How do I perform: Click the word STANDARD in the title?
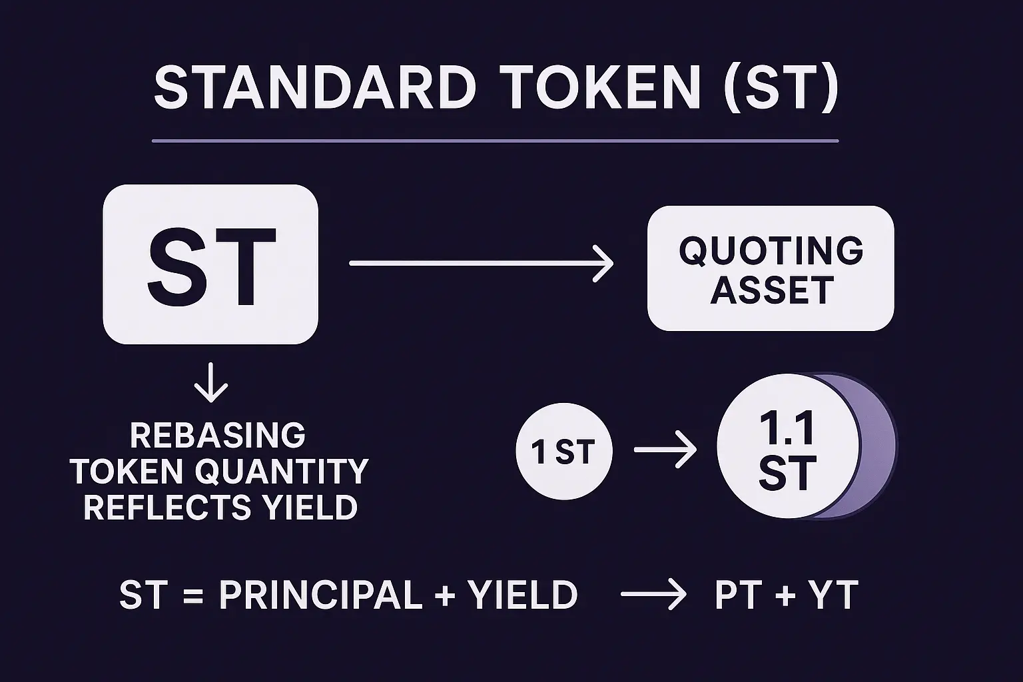coord(316,87)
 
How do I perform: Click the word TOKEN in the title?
coord(602,87)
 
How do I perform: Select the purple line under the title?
coord(495,141)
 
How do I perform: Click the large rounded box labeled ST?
coord(210,264)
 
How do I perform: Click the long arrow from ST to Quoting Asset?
coord(482,263)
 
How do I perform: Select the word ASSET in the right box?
coord(772,290)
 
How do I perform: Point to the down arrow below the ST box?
coord(210,382)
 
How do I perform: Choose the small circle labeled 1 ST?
coord(564,451)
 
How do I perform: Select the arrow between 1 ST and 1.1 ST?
coord(665,450)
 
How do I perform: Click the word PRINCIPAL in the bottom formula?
coord(320,595)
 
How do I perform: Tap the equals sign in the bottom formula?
coord(192,595)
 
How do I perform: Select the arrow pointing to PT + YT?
coord(653,594)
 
